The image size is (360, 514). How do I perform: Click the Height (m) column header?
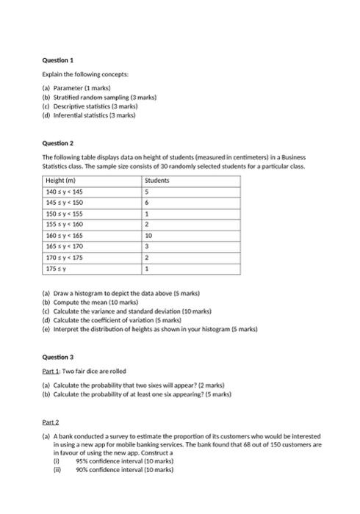point(61,180)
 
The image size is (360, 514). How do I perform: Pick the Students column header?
point(157,180)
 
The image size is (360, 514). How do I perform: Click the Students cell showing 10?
point(149,236)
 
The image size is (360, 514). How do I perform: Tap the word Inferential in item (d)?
point(71,115)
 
